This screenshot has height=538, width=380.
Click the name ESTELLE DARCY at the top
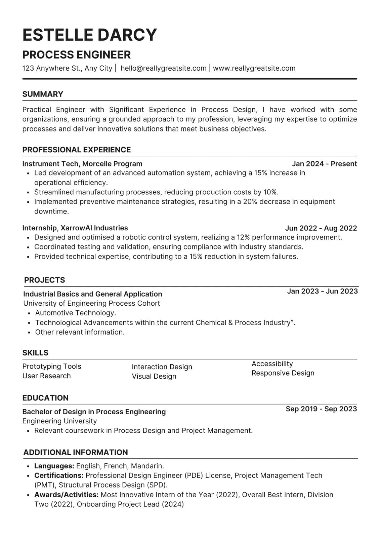(90, 35)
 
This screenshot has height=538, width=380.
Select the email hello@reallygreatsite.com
(163, 68)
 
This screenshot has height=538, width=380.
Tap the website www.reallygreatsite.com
(254, 68)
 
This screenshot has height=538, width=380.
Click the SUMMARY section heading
(43, 94)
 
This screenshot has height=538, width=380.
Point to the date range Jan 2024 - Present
(324, 164)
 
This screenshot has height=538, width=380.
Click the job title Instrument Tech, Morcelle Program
(82, 164)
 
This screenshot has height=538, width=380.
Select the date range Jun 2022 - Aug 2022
(321, 228)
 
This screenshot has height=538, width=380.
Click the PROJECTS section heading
(44, 280)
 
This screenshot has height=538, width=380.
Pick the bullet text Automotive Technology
(76, 313)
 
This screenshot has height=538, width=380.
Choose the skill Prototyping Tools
(52, 366)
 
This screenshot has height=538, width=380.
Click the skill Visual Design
(154, 376)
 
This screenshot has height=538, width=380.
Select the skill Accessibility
(272, 363)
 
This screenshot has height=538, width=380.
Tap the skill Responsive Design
(283, 373)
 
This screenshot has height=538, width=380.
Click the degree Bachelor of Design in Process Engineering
(94, 412)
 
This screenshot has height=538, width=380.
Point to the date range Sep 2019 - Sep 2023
(321, 409)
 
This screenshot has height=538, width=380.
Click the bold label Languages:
(54, 466)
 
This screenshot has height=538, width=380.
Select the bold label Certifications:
(59, 475)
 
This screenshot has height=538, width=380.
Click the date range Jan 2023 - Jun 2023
(322, 291)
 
